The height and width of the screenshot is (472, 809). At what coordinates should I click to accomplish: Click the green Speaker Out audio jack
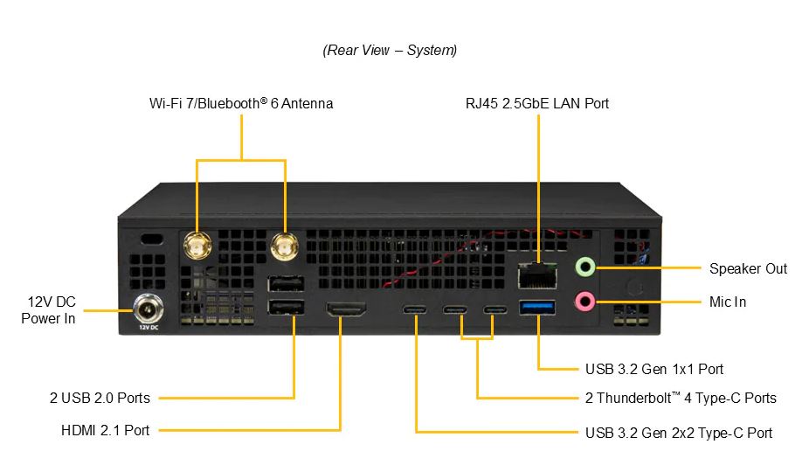pyautogui.click(x=585, y=267)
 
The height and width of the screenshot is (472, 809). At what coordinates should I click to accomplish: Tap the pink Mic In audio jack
pyautogui.click(x=585, y=301)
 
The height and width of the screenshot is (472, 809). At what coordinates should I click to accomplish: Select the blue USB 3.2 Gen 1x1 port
pyautogui.click(x=537, y=308)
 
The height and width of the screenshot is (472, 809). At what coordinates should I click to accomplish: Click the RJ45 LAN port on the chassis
pyautogui.click(x=537, y=275)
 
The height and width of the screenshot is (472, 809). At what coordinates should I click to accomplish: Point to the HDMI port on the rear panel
pyautogui.click(x=346, y=309)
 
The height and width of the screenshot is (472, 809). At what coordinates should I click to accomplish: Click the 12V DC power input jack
pyautogui.click(x=148, y=309)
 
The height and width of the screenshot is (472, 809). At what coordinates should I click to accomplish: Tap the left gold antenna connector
pyautogui.click(x=197, y=246)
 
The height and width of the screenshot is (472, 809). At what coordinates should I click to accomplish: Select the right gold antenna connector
pyautogui.click(x=284, y=246)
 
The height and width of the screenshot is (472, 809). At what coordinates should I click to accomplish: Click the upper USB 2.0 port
pyautogui.click(x=286, y=283)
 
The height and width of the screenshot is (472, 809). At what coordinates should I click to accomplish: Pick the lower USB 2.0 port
pyautogui.click(x=286, y=308)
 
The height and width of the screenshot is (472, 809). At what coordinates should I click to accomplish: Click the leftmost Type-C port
pyautogui.click(x=415, y=309)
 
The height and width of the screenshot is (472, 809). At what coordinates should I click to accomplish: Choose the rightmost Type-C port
pyautogui.click(x=494, y=309)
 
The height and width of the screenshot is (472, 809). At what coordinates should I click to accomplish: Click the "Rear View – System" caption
pyautogui.click(x=390, y=50)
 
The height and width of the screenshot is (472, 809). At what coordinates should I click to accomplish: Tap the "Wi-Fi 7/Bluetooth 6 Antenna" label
pyautogui.click(x=241, y=103)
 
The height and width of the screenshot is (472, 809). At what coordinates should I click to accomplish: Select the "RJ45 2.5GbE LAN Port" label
pyautogui.click(x=537, y=103)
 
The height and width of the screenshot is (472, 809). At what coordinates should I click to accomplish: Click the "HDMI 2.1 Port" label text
pyautogui.click(x=105, y=430)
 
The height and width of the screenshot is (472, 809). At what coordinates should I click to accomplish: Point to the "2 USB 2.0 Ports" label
pyautogui.click(x=100, y=398)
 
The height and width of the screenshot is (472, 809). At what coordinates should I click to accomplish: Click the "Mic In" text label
pyautogui.click(x=728, y=302)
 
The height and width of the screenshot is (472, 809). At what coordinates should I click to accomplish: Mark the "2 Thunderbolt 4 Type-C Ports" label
pyautogui.click(x=681, y=398)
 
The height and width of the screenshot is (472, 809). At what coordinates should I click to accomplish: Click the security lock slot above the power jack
pyautogui.click(x=152, y=239)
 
